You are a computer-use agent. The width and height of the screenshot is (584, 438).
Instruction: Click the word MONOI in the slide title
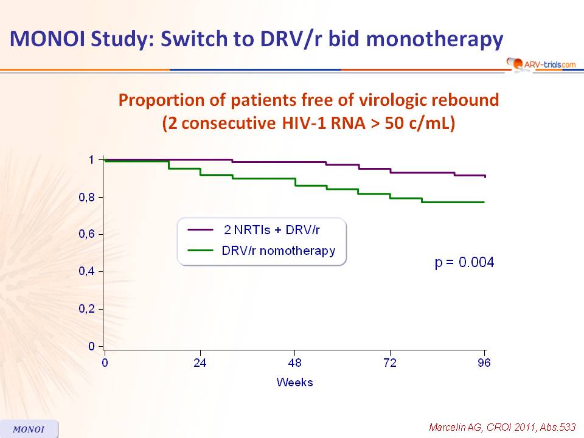point(47,39)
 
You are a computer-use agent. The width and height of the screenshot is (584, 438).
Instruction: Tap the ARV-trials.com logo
point(541,64)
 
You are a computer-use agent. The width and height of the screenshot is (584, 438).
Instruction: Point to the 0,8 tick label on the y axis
point(87,197)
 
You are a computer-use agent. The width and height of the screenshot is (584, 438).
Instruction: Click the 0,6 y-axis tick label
point(87,234)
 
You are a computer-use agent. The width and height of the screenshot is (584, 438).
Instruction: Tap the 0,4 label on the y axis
point(87,271)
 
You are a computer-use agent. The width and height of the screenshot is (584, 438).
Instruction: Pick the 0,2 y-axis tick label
point(87,309)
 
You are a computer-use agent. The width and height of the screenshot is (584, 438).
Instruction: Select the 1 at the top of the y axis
point(92,160)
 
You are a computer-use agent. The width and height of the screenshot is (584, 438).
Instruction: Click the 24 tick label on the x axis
point(200,363)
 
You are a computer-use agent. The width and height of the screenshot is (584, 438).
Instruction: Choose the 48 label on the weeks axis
point(294,363)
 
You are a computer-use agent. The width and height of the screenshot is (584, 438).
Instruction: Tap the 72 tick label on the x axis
point(390,363)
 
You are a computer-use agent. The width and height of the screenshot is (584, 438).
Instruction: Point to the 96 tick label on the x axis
point(484,363)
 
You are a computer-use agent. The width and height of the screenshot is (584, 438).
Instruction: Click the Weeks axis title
point(294,382)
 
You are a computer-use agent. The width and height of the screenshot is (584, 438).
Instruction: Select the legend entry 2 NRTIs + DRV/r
point(272,230)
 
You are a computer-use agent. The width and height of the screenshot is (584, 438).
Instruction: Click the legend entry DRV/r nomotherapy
point(279,251)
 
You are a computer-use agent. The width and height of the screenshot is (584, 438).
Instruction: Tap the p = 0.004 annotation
point(464,262)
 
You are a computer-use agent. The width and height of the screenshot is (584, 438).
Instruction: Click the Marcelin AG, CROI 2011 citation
point(502,427)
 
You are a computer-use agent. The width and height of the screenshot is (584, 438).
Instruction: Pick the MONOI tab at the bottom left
point(29,429)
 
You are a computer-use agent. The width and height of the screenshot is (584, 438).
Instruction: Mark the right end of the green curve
point(484,202)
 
